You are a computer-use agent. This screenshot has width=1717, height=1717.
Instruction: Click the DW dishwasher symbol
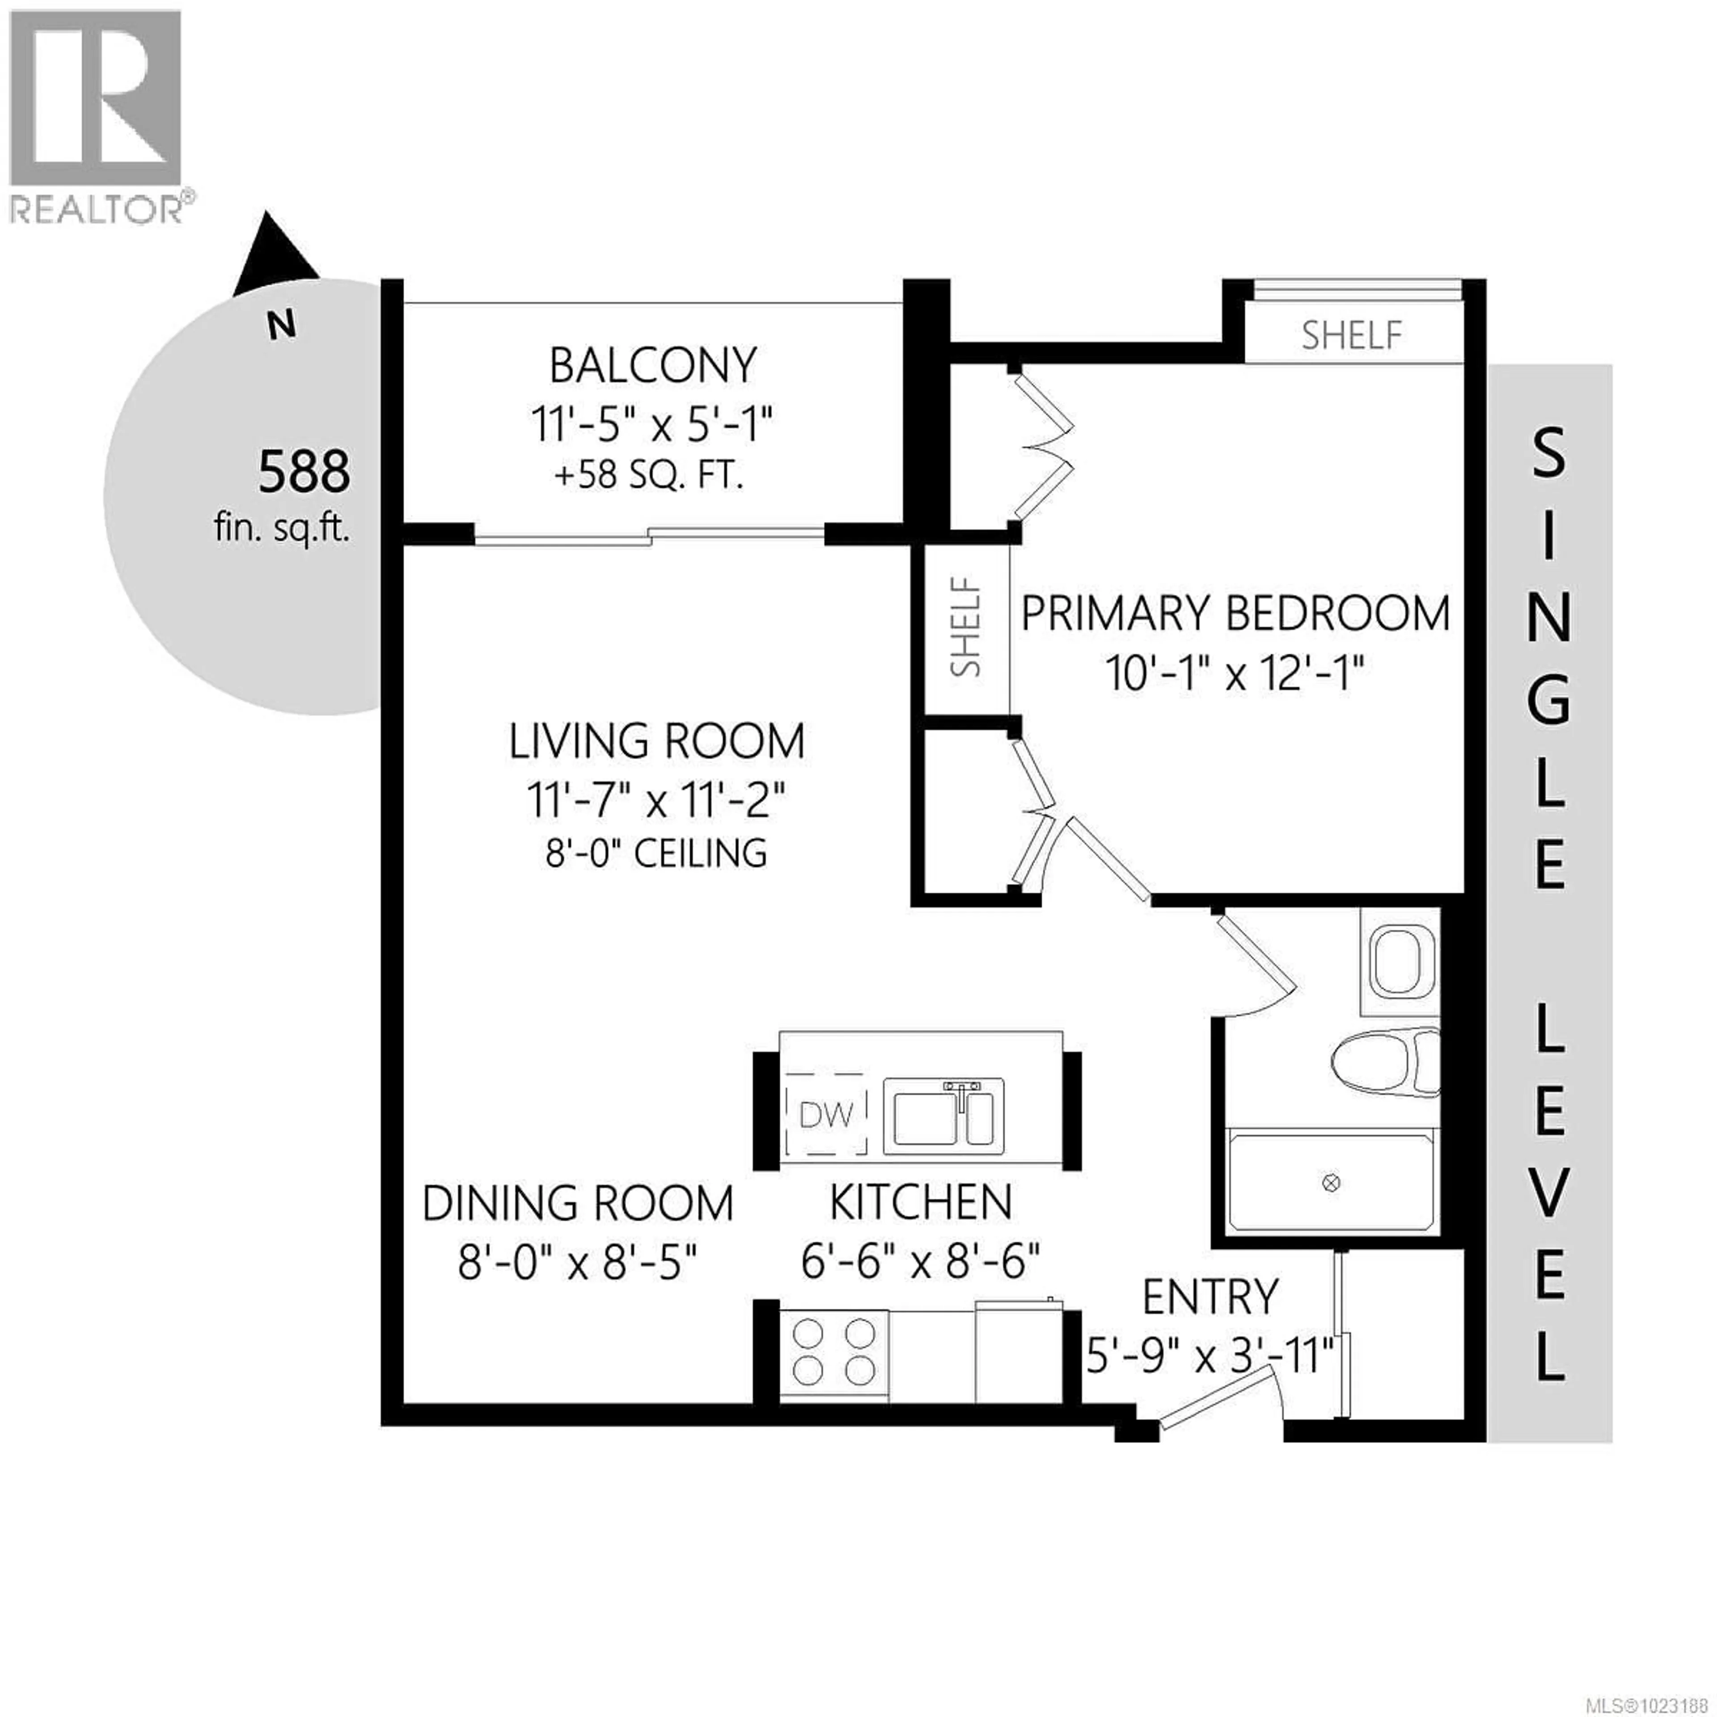[825, 1114]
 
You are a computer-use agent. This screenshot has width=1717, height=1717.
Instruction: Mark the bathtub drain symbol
[1331, 1183]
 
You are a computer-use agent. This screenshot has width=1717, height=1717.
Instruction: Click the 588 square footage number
[304, 472]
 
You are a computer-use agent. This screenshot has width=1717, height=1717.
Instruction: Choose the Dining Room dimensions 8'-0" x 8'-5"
[578, 1262]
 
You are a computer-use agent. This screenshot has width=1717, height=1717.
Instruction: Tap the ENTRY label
[1210, 1298]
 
